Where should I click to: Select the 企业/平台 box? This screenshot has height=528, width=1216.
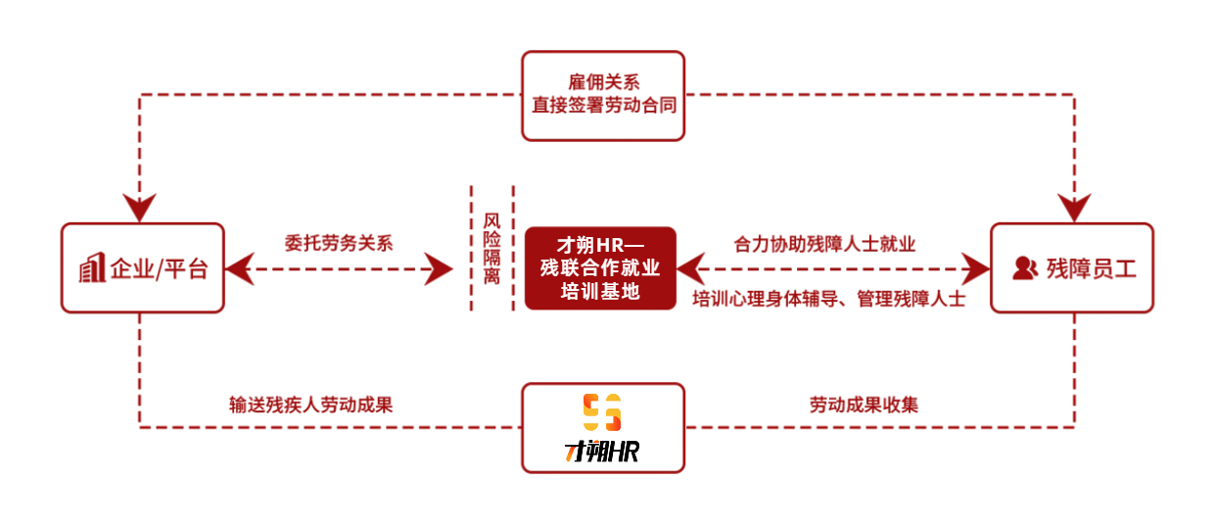[143, 267]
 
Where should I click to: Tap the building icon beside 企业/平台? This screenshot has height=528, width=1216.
[92, 267]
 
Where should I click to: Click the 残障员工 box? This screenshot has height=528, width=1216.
[1071, 267]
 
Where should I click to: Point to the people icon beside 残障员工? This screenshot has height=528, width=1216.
[1024, 267]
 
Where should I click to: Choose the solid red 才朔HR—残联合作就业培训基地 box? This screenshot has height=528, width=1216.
[600, 267]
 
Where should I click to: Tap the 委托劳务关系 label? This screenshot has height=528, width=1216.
[339, 243]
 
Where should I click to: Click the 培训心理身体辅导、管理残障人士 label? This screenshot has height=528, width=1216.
[828, 299]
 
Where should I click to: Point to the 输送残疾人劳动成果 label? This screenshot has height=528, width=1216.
[311, 404]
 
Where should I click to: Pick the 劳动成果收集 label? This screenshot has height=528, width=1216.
[864, 404]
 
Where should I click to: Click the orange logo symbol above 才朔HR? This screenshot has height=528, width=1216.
[602, 412]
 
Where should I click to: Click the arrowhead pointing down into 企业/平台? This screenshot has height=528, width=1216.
[140, 209]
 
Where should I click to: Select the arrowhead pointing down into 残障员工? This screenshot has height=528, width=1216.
[1074, 209]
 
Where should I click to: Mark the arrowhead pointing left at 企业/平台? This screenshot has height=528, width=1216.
[239, 267]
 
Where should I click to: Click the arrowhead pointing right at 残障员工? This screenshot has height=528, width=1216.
[975, 267]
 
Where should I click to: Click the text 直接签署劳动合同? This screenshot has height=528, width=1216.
[602, 105]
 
